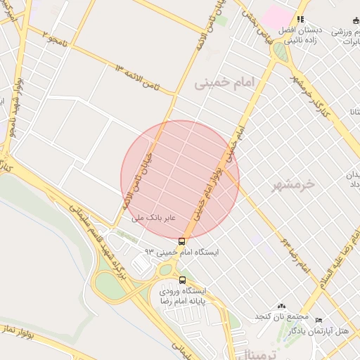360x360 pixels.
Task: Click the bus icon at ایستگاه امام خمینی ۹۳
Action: click(183, 241)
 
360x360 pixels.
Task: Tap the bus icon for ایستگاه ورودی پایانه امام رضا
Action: click(183, 279)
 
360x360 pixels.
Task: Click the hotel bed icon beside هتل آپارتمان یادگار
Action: click(319, 320)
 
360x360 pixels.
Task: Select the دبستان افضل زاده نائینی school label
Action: click(300, 35)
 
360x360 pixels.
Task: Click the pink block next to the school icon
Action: click(278, 15)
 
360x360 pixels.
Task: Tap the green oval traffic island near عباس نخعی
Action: click(280, 52)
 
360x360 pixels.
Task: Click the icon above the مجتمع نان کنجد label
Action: click(282, 306)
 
